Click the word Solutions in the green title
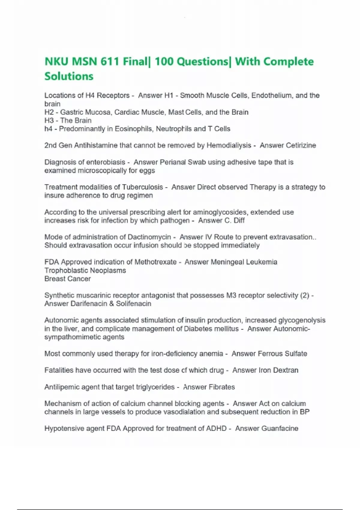pos(69,76)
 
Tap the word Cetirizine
pos(301,145)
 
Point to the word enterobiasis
pos(106,162)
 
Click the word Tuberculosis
pos(142,187)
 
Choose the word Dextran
pos(285,370)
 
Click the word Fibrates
pos(222,387)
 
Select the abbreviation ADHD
pos(216,428)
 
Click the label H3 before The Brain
pos(49,121)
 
